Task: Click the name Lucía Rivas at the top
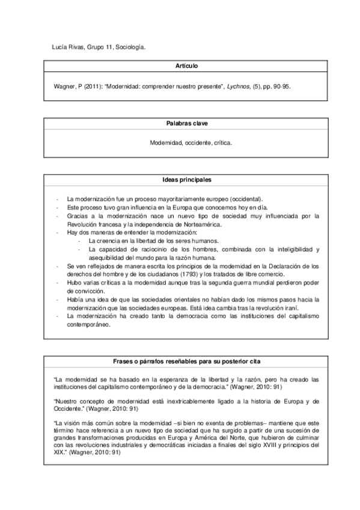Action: point(63,46)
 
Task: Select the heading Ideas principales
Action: point(180,179)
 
